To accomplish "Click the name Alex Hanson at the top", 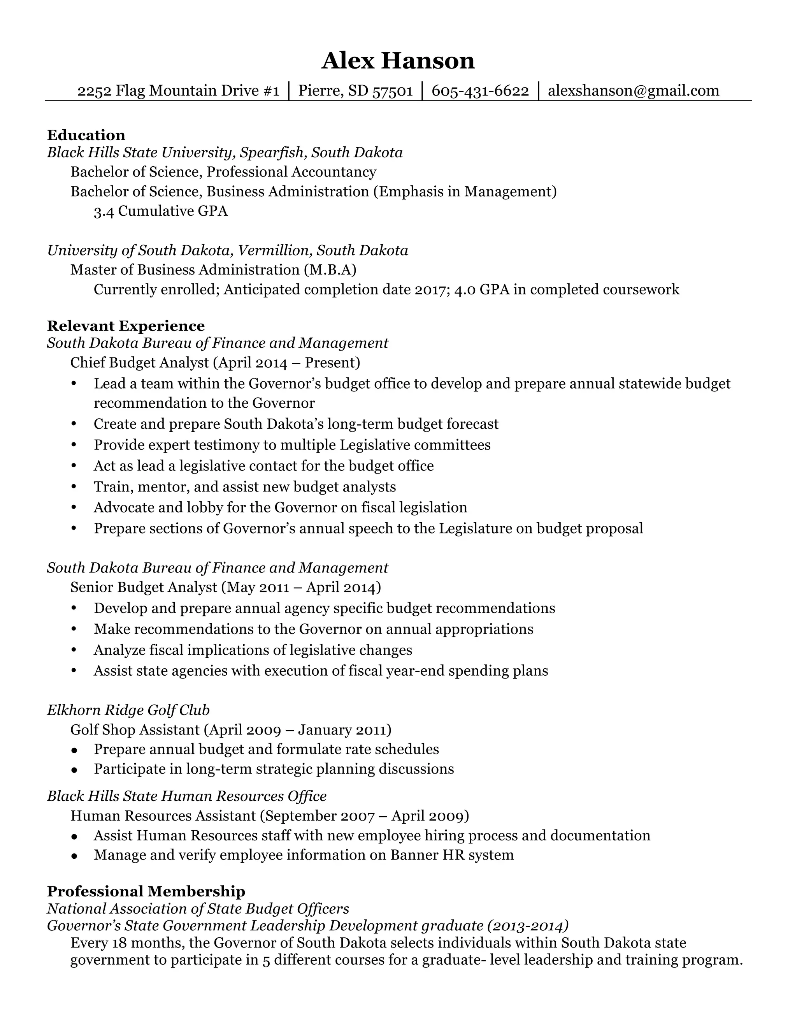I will click(x=398, y=61).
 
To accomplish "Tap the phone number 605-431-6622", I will click(x=480, y=90).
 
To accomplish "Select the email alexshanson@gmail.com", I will click(x=633, y=90).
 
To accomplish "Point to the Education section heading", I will click(x=86, y=135).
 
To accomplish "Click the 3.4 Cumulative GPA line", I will click(x=161, y=211).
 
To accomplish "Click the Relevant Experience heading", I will click(x=126, y=326).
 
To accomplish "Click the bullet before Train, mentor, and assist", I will click(x=74, y=487).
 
